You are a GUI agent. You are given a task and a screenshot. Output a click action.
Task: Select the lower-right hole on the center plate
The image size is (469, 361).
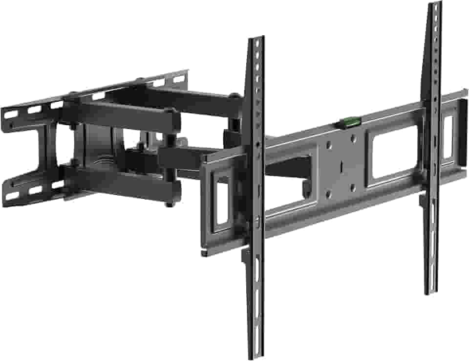355,184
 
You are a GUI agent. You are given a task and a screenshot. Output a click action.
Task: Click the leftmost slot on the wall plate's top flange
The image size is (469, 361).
11,114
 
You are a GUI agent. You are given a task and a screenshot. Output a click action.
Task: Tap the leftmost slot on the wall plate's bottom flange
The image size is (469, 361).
11,196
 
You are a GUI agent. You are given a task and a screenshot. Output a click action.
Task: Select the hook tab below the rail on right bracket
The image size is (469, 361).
422,201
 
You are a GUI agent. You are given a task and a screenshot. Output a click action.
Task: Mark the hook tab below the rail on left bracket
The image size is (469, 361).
245,255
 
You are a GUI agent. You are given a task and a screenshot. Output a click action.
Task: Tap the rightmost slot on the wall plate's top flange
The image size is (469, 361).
179,78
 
